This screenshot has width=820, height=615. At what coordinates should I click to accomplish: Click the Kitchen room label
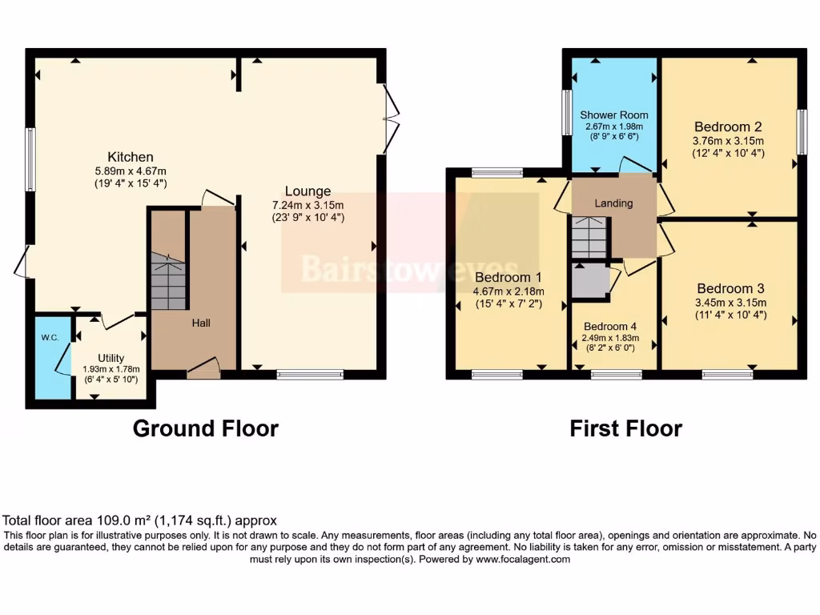tap(131, 157)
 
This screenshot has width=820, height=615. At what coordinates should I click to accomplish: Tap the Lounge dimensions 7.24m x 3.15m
tap(307, 204)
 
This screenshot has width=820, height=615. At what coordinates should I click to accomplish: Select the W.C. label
tap(50, 338)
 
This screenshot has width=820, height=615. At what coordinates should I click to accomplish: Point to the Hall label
tap(200, 323)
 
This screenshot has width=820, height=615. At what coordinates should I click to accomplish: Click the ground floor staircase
tap(169, 280)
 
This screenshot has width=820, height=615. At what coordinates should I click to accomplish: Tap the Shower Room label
tap(614, 115)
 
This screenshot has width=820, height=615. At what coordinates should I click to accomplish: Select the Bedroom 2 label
tap(727, 127)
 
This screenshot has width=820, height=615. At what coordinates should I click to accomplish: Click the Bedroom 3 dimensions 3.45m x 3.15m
tap(730, 302)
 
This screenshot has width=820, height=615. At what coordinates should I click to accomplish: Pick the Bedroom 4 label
tap(610, 326)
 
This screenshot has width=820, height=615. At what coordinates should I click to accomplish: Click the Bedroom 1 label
tap(508, 277)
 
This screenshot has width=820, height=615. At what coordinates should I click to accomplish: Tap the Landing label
tap(613, 203)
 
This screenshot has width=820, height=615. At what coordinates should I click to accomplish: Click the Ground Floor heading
tap(205, 428)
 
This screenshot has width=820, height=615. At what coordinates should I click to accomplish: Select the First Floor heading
tap(625, 428)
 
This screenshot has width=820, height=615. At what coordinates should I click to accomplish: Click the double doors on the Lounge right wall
tap(391, 119)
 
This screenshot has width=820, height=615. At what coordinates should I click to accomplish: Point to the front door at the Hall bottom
tap(204, 368)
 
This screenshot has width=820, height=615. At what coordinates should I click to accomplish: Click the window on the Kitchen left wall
tap(30, 158)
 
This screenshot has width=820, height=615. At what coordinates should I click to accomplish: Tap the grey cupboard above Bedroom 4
tap(590, 280)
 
